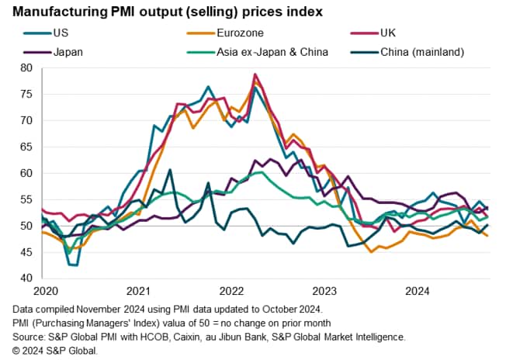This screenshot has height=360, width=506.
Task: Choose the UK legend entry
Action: coord(388,34)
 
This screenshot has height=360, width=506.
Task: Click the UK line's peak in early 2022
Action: coord(255,74)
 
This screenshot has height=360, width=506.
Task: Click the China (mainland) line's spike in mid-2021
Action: coord(169,170)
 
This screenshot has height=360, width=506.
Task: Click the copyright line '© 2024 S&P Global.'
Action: coord(55,350)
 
